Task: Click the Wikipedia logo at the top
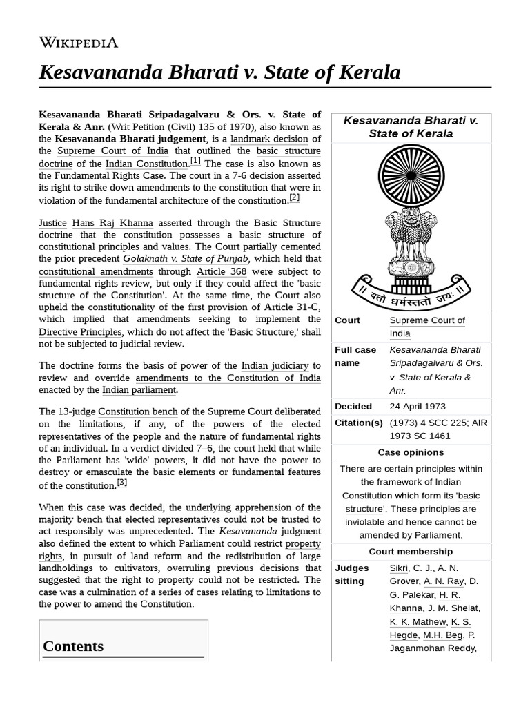click(78, 43)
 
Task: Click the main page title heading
click(219, 72)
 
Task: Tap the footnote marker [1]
click(195, 161)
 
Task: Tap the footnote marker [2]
click(295, 197)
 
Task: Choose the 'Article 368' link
click(221, 271)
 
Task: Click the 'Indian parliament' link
click(139, 389)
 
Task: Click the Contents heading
click(73, 646)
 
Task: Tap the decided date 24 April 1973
click(418, 406)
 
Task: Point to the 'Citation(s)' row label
click(358, 423)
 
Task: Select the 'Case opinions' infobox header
click(411, 452)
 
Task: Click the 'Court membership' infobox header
click(411, 551)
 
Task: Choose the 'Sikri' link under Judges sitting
click(399, 568)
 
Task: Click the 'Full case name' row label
click(355, 356)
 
